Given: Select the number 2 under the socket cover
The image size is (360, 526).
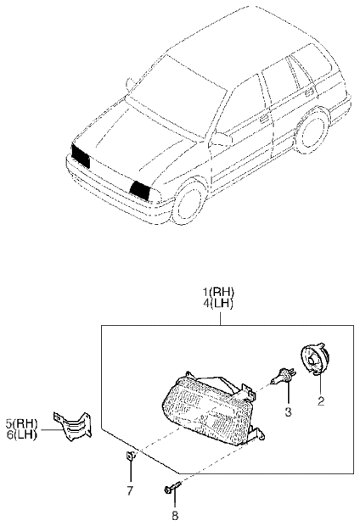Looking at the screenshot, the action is (x=321, y=401).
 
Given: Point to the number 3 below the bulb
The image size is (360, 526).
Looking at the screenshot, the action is (x=288, y=412).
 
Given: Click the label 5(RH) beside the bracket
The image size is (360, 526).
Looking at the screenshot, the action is (x=22, y=423).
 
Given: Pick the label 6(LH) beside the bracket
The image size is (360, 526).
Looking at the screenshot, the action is (x=22, y=434).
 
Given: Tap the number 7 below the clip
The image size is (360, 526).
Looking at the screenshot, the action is (x=130, y=490).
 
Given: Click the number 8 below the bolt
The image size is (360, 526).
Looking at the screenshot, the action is (x=175, y=515).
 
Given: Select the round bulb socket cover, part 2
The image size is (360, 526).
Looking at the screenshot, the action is (x=313, y=360).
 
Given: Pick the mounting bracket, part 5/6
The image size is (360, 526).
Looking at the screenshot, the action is (x=72, y=426).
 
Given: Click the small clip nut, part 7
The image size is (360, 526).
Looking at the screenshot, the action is (x=131, y=456).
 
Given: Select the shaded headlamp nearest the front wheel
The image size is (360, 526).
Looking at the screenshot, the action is (x=140, y=190).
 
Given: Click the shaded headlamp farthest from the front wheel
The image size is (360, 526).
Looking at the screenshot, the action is (x=81, y=155).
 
